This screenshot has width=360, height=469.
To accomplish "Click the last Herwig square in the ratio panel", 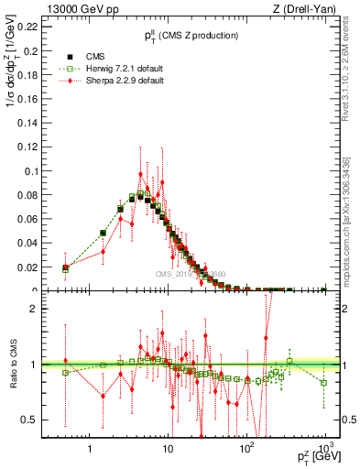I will pyautogui.click(x=324, y=383).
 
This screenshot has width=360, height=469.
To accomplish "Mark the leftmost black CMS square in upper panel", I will pyautogui.click(x=65, y=268).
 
